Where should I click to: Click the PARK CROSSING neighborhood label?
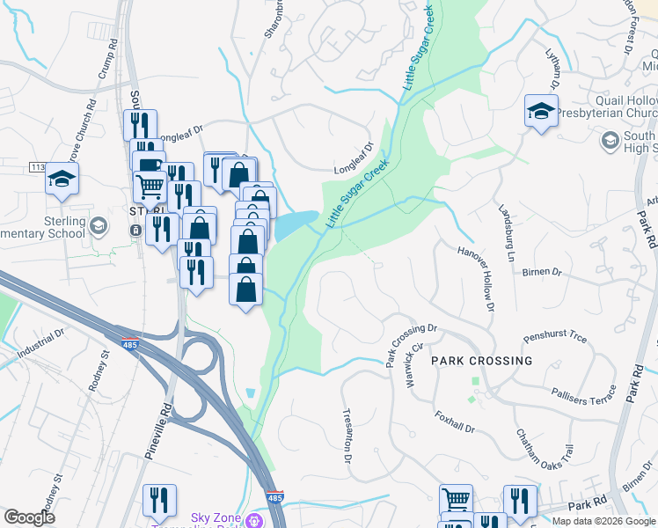481,361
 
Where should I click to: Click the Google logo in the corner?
29,517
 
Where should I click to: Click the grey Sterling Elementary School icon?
99,227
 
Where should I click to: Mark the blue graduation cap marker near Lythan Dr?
541,110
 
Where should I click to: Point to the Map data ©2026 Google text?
603,521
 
